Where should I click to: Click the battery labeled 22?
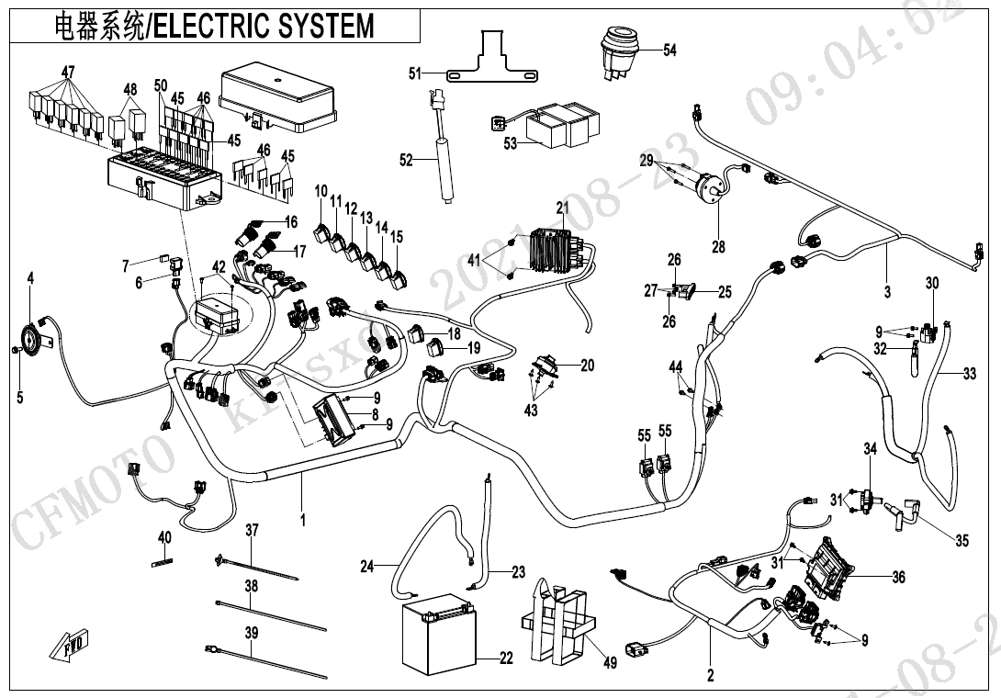(440, 634)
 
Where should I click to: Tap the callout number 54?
(669, 51)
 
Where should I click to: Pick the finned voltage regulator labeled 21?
(555, 245)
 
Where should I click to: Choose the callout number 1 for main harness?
(302, 519)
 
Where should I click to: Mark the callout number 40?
(164, 537)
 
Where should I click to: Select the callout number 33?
(970, 374)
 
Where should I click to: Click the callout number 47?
(68, 73)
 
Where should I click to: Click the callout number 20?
(588, 366)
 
